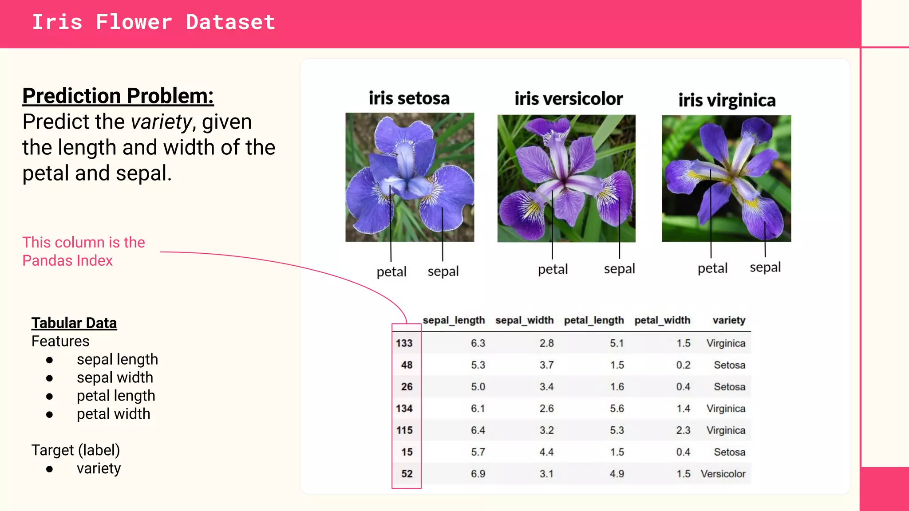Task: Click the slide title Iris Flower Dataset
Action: tap(154, 22)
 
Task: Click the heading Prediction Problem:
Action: tap(118, 96)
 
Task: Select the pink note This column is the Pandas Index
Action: tap(83, 251)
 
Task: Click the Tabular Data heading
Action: tap(74, 323)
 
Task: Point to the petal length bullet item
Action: tap(116, 395)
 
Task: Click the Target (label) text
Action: tap(76, 450)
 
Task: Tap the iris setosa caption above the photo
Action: tap(409, 98)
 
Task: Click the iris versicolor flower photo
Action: tap(566, 178)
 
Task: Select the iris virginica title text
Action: tap(727, 100)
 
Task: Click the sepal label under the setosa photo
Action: tap(443, 271)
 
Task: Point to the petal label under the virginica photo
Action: tap(712, 268)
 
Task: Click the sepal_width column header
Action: tap(524, 320)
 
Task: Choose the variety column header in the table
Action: tap(729, 320)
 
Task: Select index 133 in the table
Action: tap(404, 343)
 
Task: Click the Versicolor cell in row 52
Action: tap(723, 474)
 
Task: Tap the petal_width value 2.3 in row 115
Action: tap(683, 430)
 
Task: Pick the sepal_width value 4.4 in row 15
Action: tap(546, 452)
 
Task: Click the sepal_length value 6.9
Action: tap(478, 474)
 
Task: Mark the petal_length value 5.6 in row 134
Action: tap(617, 409)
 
